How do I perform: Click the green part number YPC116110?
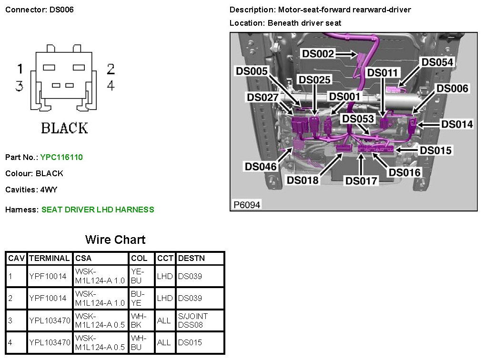[x=61, y=157]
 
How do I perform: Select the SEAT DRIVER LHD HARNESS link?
[x=98, y=210]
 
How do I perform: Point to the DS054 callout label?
[x=437, y=62]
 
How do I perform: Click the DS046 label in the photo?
[x=261, y=167]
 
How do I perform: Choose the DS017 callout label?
[x=361, y=181]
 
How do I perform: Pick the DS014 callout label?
[x=457, y=124]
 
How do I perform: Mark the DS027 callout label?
[x=262, y=97]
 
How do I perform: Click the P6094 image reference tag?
[x=247, y=205]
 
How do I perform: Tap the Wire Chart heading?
[x=115, y=240]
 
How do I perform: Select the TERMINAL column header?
[x=49, y=259]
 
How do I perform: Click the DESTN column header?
[x=191, y=259]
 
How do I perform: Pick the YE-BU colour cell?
[x=136, y=276]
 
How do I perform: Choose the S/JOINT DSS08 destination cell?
[x=192, y=320]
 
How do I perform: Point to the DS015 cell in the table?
[x=190, y=342]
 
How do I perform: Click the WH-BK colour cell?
[x=137, y=320]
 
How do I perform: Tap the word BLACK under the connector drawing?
[x=64, y=128]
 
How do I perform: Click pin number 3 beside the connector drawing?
[x=19, y=86]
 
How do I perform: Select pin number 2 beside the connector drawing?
[x=111, y=70]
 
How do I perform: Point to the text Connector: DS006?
[x=40, y=10]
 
